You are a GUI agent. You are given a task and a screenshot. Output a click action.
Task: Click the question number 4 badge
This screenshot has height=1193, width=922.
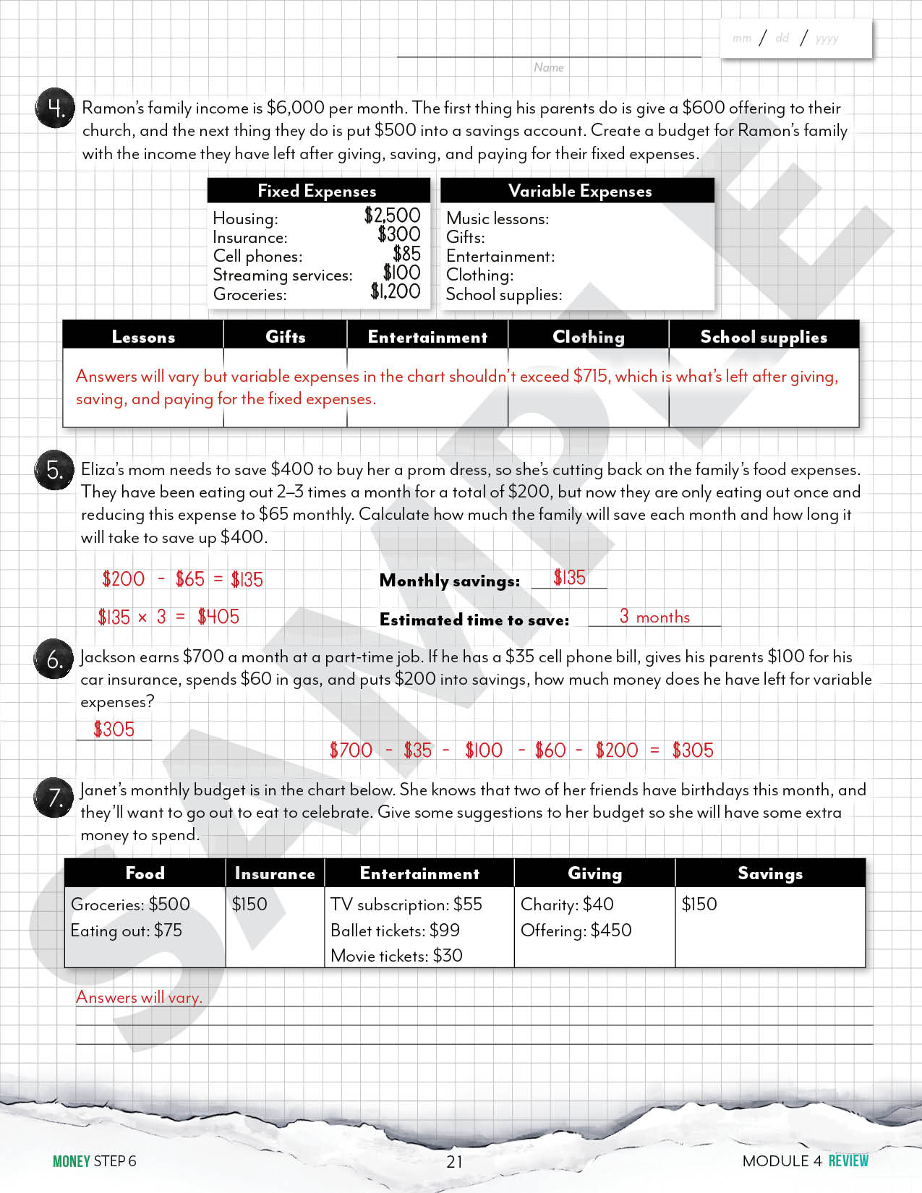55,108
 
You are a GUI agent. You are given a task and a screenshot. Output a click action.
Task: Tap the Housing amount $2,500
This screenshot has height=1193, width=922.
392,215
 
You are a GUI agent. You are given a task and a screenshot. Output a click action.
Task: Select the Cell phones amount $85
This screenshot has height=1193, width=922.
406,254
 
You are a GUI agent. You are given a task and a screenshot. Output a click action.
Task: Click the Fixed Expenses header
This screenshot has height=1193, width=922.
317,191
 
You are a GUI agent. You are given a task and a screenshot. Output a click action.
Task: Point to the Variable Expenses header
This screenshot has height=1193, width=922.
579,191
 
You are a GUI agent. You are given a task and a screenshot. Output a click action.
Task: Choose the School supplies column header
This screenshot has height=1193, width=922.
763,337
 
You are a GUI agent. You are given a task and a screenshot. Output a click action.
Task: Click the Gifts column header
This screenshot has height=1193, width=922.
285,337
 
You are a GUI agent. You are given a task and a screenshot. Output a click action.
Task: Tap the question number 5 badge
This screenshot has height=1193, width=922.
54,470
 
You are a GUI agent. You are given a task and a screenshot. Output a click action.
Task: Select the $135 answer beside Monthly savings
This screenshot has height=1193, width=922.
569,578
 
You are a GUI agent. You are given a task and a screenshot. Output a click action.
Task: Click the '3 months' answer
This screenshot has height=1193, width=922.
654,617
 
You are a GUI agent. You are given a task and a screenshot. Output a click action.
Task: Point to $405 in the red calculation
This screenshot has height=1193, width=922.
218,617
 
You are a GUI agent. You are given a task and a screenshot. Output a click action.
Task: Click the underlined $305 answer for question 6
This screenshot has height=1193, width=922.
114,730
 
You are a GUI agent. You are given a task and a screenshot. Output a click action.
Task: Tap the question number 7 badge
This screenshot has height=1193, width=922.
54,798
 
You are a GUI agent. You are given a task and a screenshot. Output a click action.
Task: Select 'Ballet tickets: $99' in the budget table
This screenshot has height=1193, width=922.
395,931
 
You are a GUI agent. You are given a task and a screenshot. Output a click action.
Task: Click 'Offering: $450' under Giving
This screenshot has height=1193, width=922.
576,931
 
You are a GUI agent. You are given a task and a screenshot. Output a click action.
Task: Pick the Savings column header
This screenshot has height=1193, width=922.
769,873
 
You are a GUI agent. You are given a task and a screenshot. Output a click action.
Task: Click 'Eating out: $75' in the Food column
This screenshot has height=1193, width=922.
127,931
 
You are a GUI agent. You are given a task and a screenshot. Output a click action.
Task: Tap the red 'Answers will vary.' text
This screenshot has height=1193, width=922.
139,997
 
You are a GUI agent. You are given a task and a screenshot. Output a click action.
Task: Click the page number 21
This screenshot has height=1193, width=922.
454,1161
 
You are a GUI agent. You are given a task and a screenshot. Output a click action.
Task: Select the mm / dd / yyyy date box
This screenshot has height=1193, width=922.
795,38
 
